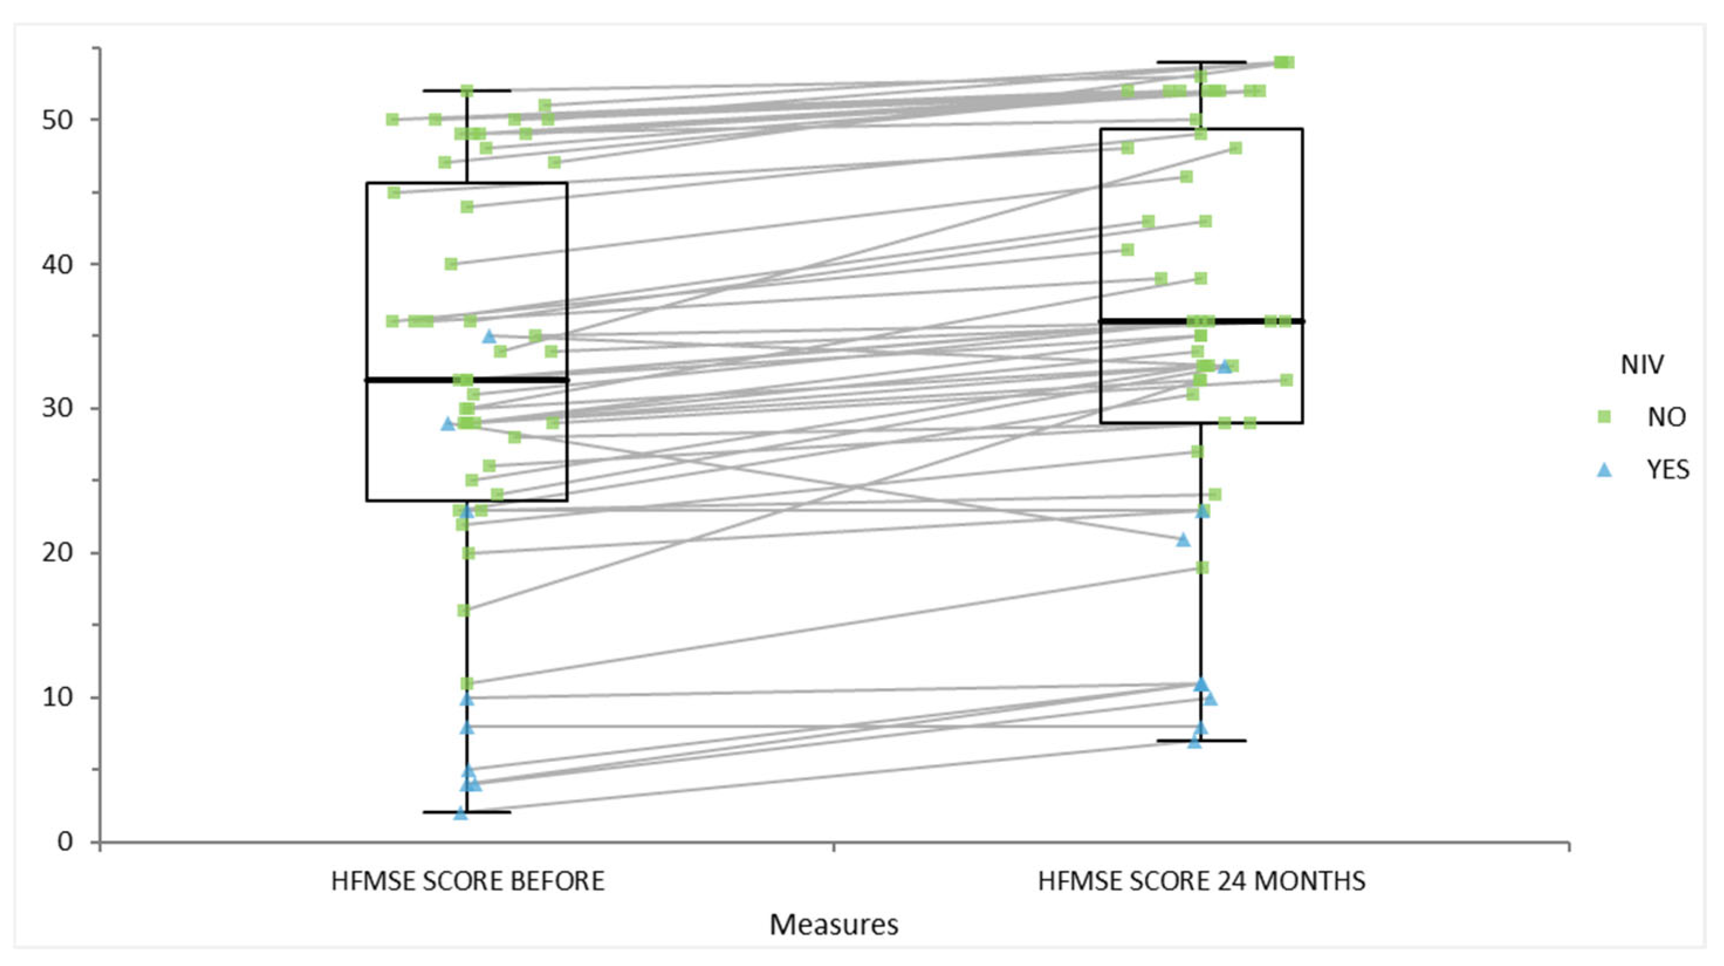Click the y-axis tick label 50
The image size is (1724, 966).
pyautogui.click(x=57, y=120)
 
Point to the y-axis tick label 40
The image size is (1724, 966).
pyautogui.click(x=57, y=264)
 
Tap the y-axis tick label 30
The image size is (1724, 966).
pyautogui.click(x=57, y=409)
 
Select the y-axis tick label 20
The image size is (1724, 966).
pyautogui.click(x=57, y=554)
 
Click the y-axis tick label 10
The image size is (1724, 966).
pyautogui.click(x=57, y=698)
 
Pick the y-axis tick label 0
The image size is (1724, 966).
pyautogui.click(x=65, y=841)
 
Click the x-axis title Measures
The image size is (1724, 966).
pyautogui.click(x=833, y=924)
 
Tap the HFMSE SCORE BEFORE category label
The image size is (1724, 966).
pyautogui.click(x=467, y=881)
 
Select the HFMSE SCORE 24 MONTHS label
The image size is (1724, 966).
pyautogui.click(x=1201, y=881)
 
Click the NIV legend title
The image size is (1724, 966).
pyautogui.click(x=1642, y=365)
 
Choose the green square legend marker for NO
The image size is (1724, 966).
pyautogui.click(x=1603, y=417)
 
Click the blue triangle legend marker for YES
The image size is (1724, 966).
pyautogui.click(x=1603, y=470)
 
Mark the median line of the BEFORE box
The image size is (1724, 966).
pyautogui.click(x=467, y=379)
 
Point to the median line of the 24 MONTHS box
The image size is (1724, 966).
pyautogui.click(x=1201, y=321)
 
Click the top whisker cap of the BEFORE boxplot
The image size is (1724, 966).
pyautogui.click(x=467, y=90)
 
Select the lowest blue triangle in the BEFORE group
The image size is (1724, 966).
pyautogui.click(x=461, y=813)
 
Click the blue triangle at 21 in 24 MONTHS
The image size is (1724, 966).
pyautogui.click(x=1183, y=539)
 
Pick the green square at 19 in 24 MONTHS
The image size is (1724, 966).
pyautogui.click(x=1202, y=568)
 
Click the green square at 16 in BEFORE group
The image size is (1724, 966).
pyautogui.click(x=463, y=610)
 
